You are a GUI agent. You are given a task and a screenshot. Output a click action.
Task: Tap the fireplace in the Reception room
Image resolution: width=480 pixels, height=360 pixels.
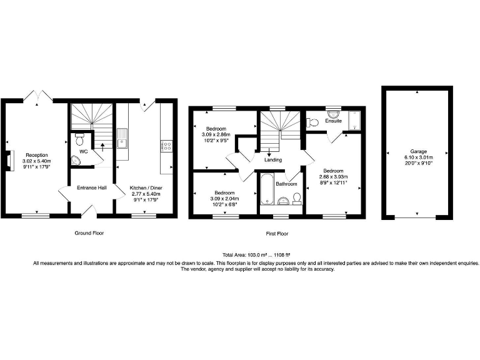point(10,159)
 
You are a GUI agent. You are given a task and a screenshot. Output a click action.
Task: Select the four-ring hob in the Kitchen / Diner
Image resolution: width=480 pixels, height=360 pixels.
point(167,146)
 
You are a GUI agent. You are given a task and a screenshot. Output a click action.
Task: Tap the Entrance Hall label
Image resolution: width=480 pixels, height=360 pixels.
point(91,187)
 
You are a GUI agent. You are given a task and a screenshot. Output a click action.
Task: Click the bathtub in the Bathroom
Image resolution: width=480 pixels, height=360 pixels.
point(266,189)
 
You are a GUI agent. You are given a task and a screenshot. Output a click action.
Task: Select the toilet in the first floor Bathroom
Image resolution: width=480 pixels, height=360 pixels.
point(297,199)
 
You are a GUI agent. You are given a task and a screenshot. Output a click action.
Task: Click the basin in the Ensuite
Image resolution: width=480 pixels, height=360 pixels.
point(333,114)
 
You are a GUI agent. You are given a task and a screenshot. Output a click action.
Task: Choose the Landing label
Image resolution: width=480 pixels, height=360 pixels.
point(273,159)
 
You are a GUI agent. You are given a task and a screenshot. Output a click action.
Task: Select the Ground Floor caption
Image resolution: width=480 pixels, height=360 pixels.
point(88,233)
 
